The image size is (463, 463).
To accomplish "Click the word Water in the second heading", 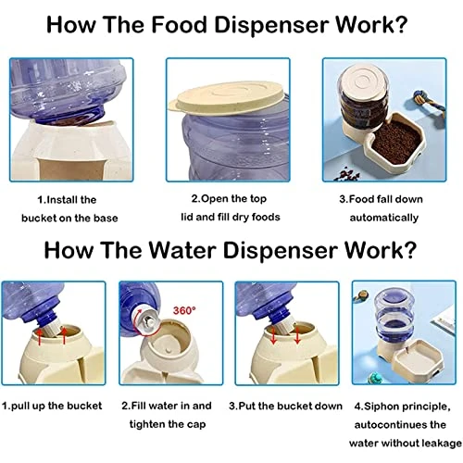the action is tap(182, 250).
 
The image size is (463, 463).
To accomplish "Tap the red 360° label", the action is tap(184, 310).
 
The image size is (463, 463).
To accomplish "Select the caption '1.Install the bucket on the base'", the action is tap(69, 209).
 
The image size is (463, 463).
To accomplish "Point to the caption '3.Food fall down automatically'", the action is tap(382, 208).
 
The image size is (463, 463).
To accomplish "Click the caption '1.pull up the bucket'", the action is tap(52, 406).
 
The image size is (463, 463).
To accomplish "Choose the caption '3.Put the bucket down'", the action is tap(285, 406).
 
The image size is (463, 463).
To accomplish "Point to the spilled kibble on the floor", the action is tap(347, 175).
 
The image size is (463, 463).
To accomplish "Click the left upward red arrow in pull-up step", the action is tap(40, 337).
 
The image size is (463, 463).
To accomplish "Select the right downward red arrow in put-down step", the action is tap(297, 336).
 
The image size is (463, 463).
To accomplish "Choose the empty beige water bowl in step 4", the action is tap(411, 360).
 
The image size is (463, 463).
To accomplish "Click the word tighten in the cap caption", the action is tap(147, 425).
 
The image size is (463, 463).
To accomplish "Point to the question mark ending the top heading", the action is tap(401, 25).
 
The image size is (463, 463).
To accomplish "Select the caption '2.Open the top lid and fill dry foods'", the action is tap(230, 207).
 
